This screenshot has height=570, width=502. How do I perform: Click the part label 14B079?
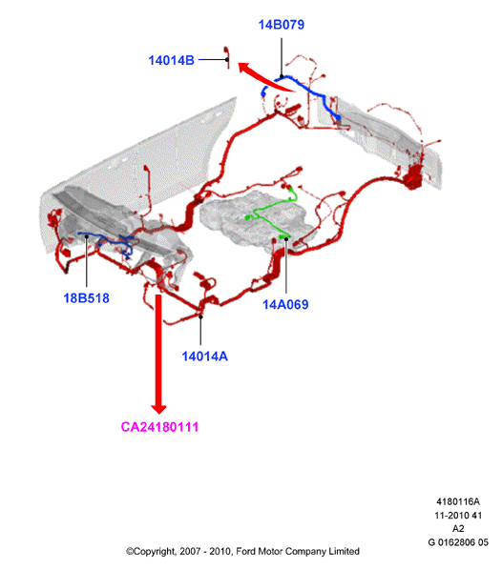point(281,25)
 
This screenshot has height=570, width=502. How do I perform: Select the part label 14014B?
point(171,60)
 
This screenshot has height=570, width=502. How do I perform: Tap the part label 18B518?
point(86,298)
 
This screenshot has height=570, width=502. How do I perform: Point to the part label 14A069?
point(285,305)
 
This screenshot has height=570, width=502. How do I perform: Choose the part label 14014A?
point(204,356)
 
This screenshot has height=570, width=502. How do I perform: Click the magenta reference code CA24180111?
point(159,427)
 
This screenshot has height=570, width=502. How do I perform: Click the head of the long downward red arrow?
point(158,409)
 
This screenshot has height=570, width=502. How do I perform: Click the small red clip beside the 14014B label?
point(227,57)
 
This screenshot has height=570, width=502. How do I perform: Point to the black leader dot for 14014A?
point(200,316)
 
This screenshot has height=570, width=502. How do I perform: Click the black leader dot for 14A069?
point(286,239)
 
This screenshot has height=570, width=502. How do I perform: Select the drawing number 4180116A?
point(458,501)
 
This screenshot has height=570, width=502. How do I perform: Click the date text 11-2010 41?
point(458,516)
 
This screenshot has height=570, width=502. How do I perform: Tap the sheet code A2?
point(458,529)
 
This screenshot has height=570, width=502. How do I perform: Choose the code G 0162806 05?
point(458,542)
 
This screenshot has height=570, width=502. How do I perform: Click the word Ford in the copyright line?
point(245,552)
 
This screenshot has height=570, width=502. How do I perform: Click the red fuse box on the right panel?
point(414,176)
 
